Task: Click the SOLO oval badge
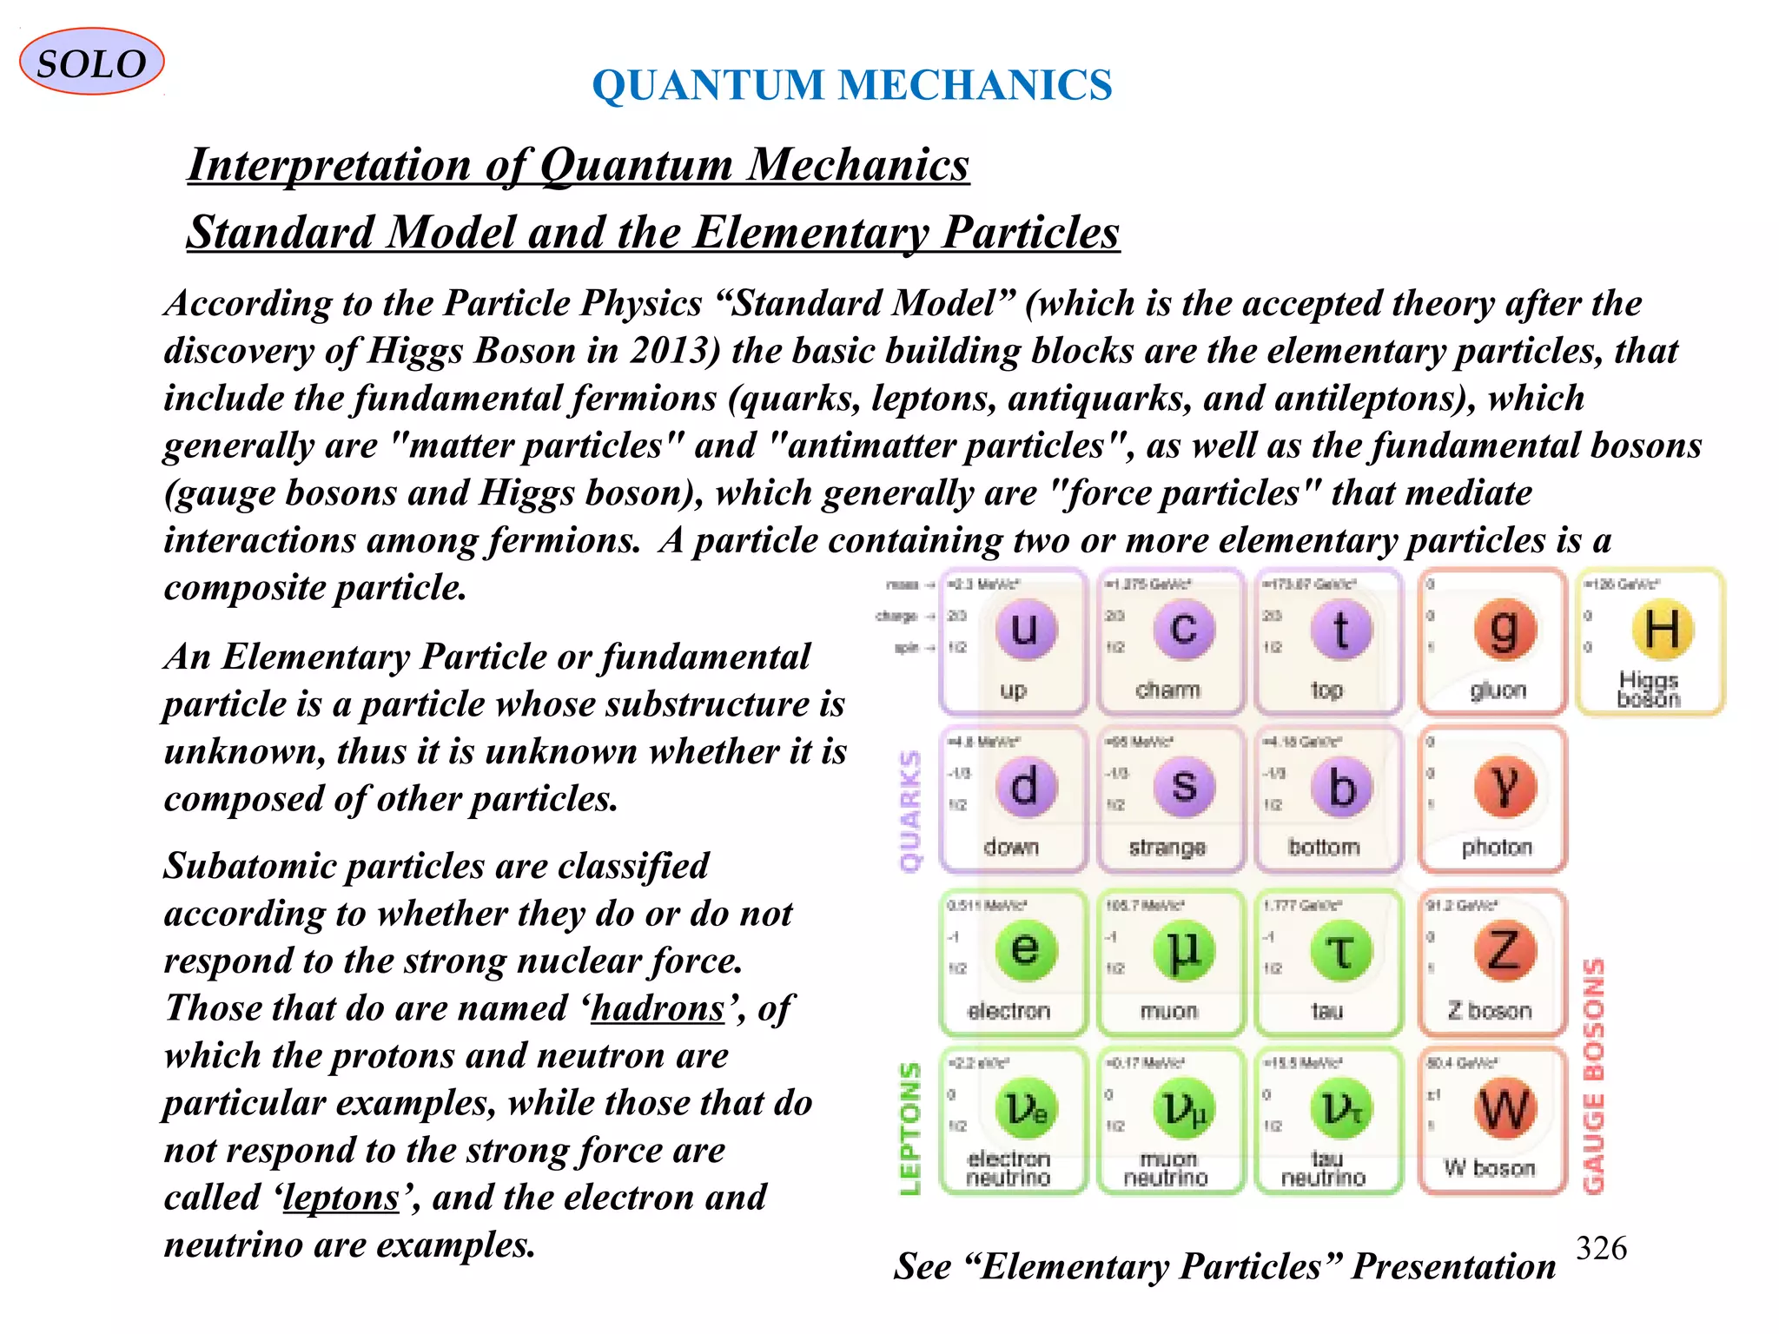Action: coord(91,63)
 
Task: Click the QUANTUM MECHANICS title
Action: coord(851,85)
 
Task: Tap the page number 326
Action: coord(1601,1248)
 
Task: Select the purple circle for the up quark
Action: coord(1025,629)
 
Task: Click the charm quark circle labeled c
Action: coord(1183,629)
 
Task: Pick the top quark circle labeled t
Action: coord(1341,629)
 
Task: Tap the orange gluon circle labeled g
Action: coord(1505,629)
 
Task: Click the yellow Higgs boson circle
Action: coord(1663,629)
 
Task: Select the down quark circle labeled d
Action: coord(1025,787)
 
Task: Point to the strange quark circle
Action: coord(1183,787)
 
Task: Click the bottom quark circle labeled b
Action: coord(1341,787)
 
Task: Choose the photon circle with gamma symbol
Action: coord(1505,787)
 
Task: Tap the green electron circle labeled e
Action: coord(1025,950)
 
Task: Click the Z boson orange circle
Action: coord(1505,950)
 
